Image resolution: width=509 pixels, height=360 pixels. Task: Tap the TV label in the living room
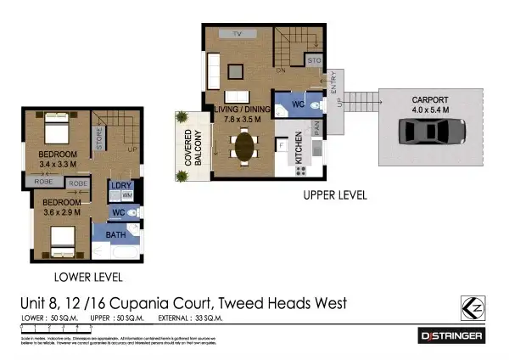[238, 33]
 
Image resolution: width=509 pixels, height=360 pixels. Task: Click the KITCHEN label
[299, 148]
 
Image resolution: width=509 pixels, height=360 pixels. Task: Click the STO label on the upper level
[313, 62]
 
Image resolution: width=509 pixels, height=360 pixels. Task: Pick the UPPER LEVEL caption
[334, 195]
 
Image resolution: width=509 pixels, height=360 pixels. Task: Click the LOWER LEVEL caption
[89, 278]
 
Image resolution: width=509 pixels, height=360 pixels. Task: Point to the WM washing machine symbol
[126, 195]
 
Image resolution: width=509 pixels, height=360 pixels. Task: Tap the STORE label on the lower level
[99, 139]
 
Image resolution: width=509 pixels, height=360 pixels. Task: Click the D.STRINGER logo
[452, 336]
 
